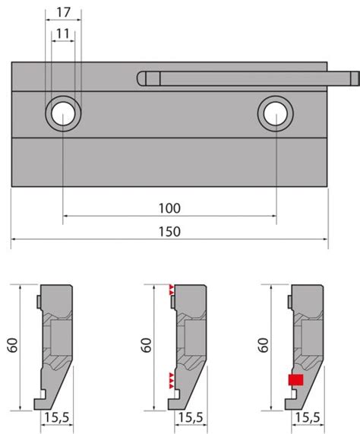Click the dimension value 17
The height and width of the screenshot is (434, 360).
coord(63,12)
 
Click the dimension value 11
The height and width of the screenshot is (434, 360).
coord(63,33)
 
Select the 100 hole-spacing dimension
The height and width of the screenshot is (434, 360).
coord(169,208)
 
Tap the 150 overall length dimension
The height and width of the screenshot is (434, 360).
coord(169,231)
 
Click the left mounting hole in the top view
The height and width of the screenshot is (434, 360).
coord(63,114)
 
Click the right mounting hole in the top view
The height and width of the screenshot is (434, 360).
coord(276,114)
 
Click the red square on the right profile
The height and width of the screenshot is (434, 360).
coord(295,380)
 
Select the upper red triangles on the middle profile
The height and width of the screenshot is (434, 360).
coord(172,290)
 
